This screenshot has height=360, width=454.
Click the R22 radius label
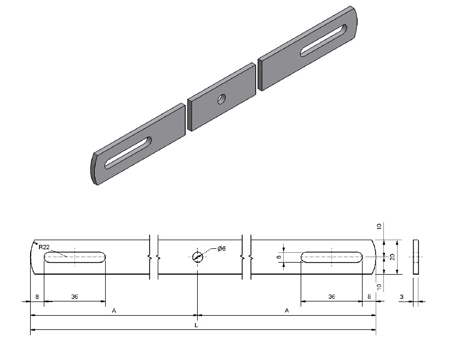(x=44, y=247)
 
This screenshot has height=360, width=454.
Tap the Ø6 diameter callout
(x=221, y=248)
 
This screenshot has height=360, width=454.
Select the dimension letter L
(x=196, y=326)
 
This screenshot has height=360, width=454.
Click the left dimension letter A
(x=114, y=311)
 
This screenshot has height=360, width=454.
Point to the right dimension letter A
(x=286, y=311)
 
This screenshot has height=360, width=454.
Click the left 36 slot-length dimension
(x=74, y=297)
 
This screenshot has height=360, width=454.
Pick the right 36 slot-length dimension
(x=331, y=297)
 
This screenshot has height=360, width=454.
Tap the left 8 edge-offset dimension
(x=37, y=297)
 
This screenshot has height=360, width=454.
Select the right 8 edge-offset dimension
(x=369, y=297)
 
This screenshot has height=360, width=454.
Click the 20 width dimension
(x=393, y=257)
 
